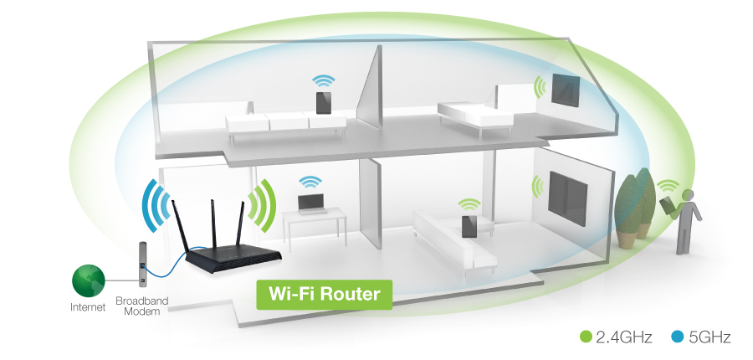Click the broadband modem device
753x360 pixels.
pyautogui.click(x=143, y=263)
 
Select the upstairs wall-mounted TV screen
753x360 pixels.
pyautogui.click(x=565, y=89)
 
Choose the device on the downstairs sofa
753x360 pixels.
pyautogui.click(x=468, y=224)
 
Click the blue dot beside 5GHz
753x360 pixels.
pyautogui.click(x=677, y=337)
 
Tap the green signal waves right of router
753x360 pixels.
pyautogui.click(x=263, y=205)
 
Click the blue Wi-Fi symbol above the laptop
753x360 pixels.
pyautogui.click(x=310, y=181)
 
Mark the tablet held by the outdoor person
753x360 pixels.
pyautogui.click(x=667, y=205)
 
